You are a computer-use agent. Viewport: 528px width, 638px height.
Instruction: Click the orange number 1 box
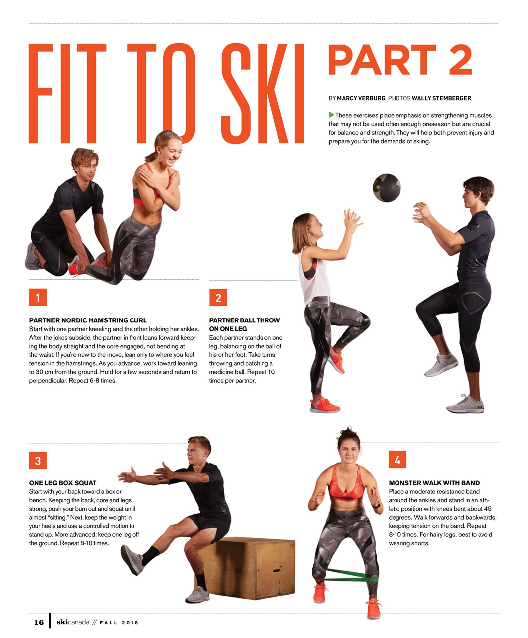pos(38,298)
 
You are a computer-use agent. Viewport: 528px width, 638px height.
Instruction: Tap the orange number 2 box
pos(218,298)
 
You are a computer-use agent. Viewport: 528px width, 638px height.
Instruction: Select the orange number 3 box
pos(38,460)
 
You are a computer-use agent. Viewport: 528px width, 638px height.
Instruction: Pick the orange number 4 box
pos(397,460)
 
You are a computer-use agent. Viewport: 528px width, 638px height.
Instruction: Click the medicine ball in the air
pos(387,187)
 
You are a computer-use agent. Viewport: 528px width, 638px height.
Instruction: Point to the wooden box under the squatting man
pos(254,568)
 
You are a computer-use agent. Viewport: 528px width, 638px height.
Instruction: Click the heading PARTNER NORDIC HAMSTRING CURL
pos(88,320)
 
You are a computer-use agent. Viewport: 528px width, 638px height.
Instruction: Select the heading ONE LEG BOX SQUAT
pos(63,483)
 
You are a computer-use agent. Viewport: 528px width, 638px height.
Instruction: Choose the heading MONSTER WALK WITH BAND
pos(434,483)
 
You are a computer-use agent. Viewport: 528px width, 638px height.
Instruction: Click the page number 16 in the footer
pos(39,622)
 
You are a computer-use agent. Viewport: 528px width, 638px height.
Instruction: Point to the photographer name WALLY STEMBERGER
pos(441,98)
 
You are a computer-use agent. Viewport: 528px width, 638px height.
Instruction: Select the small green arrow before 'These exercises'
pos(331,115)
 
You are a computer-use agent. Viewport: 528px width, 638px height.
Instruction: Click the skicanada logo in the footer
pos(73,622)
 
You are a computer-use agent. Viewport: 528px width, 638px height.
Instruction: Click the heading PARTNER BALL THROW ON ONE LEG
pos(244,324)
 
